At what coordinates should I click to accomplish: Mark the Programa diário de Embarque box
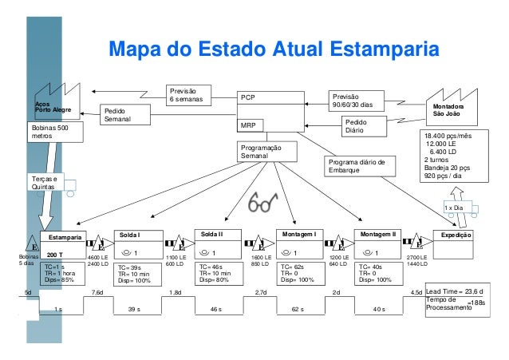[x=361, y=165]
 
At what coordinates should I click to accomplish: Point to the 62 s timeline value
[x=298, y=307]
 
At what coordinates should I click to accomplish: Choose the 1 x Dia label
[x=454, y=207]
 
